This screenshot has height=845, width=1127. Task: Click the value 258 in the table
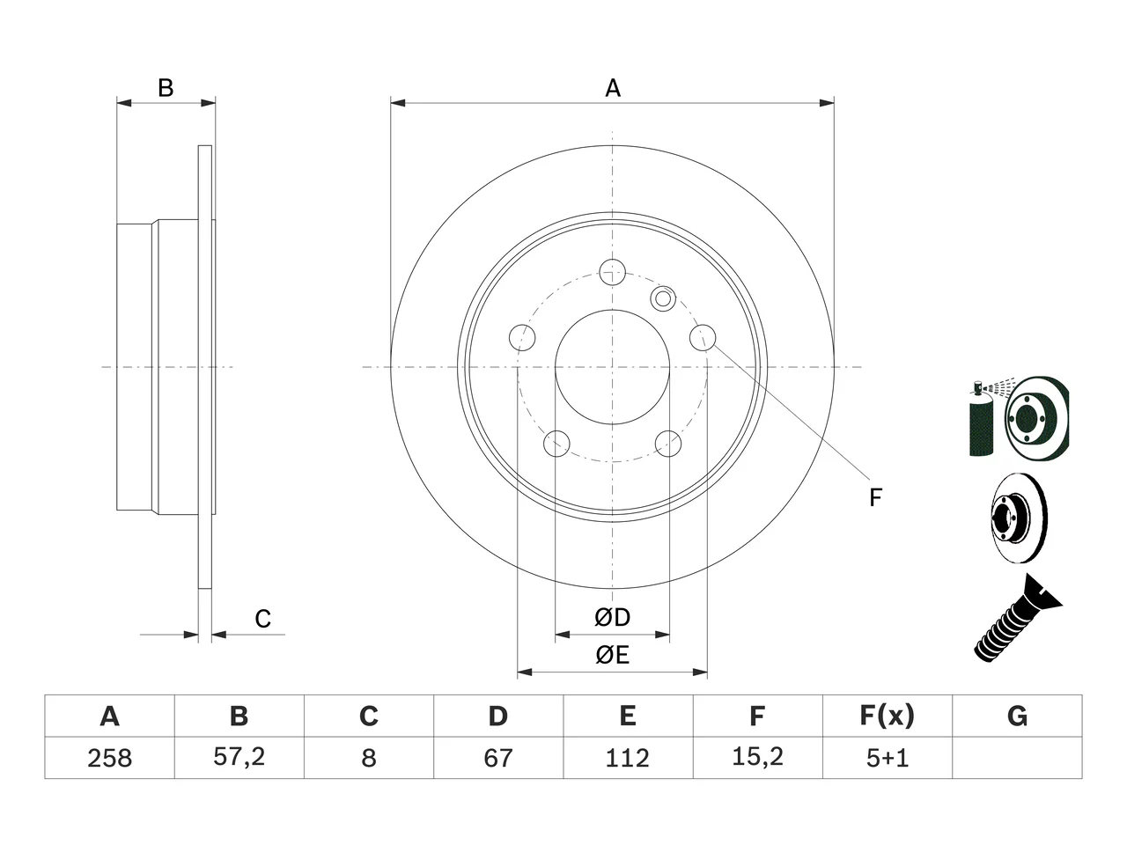(x=109, y=758)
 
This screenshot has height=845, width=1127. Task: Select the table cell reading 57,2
(x=239, y=757)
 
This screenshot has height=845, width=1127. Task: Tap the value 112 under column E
(x=628, y=758)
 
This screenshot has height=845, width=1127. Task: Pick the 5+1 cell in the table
(x=888, y=758)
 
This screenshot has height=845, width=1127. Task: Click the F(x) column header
(x=887, y=716)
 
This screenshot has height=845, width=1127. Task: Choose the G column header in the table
(x=1017, y=716)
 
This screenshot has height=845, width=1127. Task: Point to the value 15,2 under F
(x=757, y=757)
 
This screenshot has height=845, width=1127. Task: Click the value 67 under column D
(x=498, y=758)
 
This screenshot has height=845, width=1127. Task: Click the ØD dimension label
(x=612, y=617)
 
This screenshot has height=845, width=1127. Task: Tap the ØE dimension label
(x=612, y=655)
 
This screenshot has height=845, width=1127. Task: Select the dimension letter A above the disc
(x=613, y=88)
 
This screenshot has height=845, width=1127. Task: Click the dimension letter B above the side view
(x=166, y=88)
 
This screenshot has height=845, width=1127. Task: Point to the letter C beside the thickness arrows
(x=263, y=619)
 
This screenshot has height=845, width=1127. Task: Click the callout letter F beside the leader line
(x=875, y=497)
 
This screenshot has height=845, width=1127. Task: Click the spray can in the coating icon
(x=981, y=420)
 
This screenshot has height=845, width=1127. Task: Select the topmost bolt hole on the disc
(x=612, y=272)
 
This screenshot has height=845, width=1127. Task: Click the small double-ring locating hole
(x=663, y=298)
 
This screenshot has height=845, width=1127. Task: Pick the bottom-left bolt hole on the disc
(x=556, y=444)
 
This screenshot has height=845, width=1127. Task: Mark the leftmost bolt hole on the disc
(x=522, y=338)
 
